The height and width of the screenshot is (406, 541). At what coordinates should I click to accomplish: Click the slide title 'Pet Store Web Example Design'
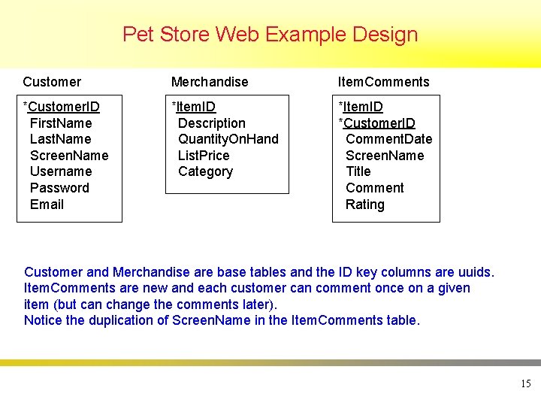coord(270,35)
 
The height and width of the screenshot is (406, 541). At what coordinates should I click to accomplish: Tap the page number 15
coord(525,384)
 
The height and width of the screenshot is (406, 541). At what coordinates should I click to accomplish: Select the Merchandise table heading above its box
coord(210,82)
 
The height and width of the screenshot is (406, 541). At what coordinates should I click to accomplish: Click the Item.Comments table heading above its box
coord(383,82)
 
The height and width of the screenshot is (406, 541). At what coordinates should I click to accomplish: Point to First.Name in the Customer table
coord(61,123)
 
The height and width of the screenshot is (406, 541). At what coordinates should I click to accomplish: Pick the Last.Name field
coord(60,139)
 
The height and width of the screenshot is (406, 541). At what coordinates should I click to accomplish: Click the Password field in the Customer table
coord(59,188)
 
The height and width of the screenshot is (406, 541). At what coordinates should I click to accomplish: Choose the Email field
coord(47,205)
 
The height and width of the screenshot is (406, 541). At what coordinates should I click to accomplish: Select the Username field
coord(61,171)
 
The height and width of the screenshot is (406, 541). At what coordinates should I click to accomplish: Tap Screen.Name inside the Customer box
coord(69,156)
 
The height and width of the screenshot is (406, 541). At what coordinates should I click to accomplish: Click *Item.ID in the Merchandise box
coord(194,107)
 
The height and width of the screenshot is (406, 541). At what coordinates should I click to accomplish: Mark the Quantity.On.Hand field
coord(228,139)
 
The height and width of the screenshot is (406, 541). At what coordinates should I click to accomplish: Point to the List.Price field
coord(204,156)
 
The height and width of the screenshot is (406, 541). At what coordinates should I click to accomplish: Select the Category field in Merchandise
coord(205,171)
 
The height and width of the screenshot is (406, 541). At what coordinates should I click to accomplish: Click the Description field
coord(212,123)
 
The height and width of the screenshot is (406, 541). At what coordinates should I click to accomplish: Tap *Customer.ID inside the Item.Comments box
coord(376,123)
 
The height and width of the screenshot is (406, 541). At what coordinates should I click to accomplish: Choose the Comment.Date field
coord(388,139)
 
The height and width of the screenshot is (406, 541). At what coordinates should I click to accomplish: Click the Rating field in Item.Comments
coord(364,205)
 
